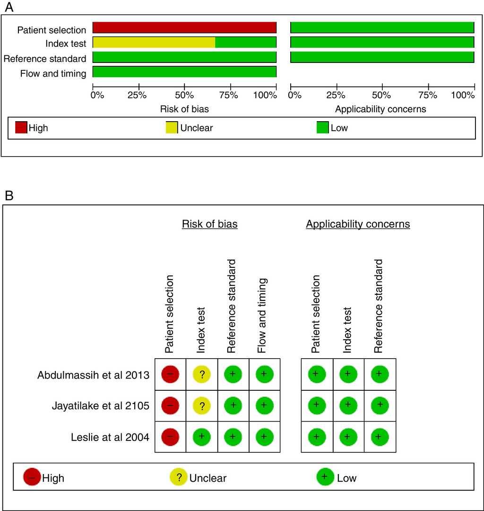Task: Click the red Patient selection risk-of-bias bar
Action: point(184,27)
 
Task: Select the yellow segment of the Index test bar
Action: point(154,43)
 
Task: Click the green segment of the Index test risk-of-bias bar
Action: point(246,43)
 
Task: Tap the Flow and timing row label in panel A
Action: point(53,73)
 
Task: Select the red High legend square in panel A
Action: point(21,128)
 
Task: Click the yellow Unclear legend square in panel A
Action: point(172,128)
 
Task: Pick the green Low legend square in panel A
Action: point(323,128)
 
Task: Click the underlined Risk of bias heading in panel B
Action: point(209,224)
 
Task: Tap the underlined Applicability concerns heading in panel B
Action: point(358,224)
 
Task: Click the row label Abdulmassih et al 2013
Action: point(93,375)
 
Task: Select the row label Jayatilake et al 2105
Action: point(101,406)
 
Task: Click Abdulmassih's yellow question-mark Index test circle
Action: point(201,375)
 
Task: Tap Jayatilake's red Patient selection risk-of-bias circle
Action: point(170,405)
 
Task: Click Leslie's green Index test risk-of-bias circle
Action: point(201,437)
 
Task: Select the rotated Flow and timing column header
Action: point(263,316)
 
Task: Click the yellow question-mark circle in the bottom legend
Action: point(179,477)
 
